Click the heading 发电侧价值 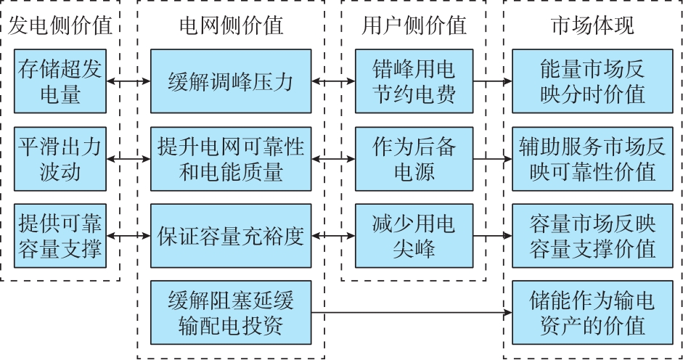point(60,26)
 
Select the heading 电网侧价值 point(231,26)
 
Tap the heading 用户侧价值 point(414,26)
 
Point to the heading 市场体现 point(592,26)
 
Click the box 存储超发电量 point(60,81)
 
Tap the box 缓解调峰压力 point(231,81)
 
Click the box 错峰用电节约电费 point(414,81)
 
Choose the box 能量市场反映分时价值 point(592,81)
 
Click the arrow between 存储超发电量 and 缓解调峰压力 point(128,81)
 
